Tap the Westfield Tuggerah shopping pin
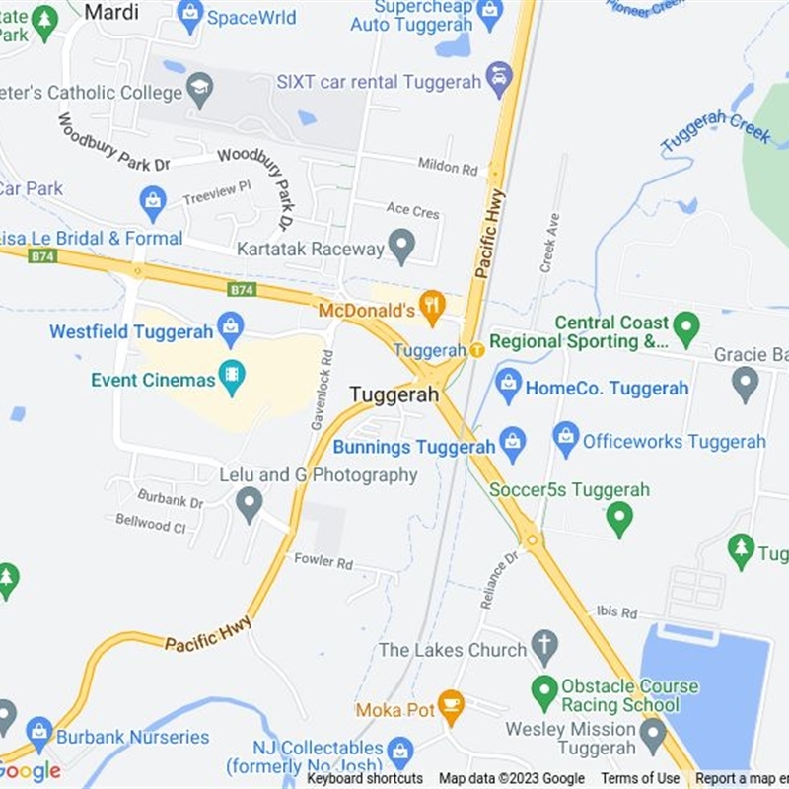[x=230, y=326]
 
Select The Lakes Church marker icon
[x=543, y=646]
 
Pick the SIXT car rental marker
[x=499, y=77]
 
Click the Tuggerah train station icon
[x=476, y=350]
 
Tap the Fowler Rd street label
[x=323, y=562]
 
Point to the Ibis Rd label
[x=616, y=612]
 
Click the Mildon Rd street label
[x=447, y=168]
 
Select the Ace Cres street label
[x=412, y=210]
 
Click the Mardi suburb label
[x=111, y=12]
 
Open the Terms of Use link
[x=640, y=779]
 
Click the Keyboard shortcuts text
[x=365, y=779]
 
